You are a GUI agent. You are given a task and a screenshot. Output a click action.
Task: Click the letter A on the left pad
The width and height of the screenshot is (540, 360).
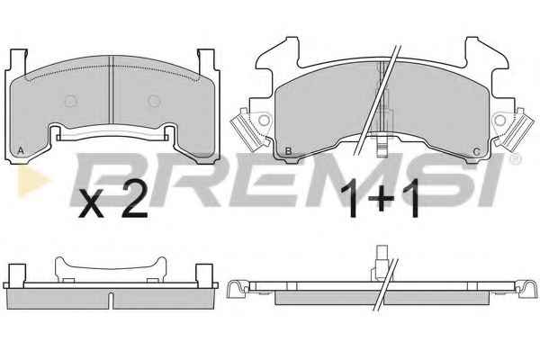tap(21, 150)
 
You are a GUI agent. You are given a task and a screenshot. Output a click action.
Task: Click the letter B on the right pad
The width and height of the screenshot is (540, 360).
tap(289, 151)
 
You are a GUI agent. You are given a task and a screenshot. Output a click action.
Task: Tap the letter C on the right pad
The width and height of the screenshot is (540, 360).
tap(477, 151)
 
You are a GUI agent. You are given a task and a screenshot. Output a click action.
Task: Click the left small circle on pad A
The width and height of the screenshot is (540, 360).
tap(71, 101)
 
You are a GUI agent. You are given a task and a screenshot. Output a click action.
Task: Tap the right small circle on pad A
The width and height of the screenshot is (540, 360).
tap(154, 101)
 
